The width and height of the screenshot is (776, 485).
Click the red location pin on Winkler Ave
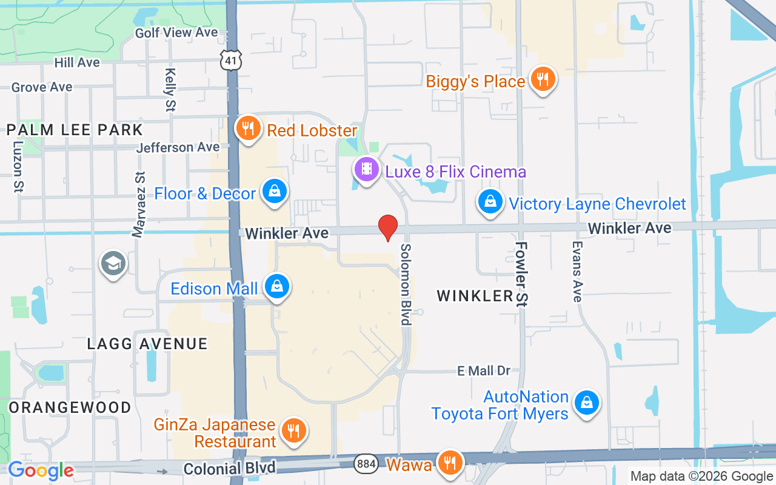pyautogui.click(x=388, y=227)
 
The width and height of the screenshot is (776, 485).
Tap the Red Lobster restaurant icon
pyautogui.click(x=248, y=129)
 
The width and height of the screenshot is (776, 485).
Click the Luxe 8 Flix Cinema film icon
pyautogui.click(x=366, y=169)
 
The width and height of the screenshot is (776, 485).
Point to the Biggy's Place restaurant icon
pyautogui.click(x=542, y=79)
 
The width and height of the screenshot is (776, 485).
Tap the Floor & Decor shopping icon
pyautogui.click(x=275, y=192)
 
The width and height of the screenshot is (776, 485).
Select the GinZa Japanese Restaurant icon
pyautogui.click(x=293, y=431)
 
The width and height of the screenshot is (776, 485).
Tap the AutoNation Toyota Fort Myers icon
pyautogui.click(x=586, y=402)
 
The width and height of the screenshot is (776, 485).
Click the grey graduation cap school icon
pyautogui.click(x=113, y=264)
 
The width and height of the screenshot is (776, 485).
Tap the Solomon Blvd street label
pyautogui.click(x=406, y=284)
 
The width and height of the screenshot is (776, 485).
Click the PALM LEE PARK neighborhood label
pyautogui.click(x=75, y=130)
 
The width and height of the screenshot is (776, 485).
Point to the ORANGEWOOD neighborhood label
pyautogui.click(x=70, y=407)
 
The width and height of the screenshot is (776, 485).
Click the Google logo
pyautogui.click(x=41, y=470)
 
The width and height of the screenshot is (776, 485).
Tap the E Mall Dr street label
pyautogui.click(x=484, y=370)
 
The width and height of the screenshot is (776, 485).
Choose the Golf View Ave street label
pyautogui.click(x=176, y=33)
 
